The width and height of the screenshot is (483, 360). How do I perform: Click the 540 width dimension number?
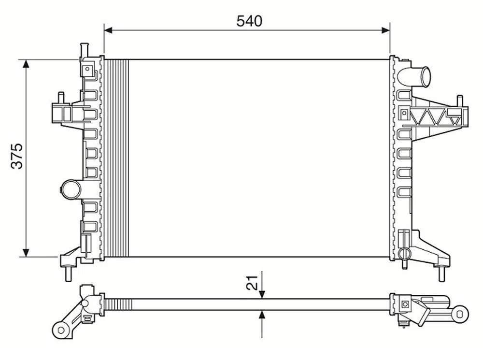click(x=249, y=21)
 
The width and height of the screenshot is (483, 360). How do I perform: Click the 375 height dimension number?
click(x=17, y=156)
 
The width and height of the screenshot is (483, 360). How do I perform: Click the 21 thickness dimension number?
click(x=252, y=282)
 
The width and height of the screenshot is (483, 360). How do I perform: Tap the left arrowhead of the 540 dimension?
click(x=108, y=30)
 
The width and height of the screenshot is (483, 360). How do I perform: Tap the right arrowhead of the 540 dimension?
click(x=386, y=30)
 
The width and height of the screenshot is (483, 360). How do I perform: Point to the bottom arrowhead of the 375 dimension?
click(x=26, y=252)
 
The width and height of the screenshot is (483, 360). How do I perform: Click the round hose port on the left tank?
click(x=71, y=190)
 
